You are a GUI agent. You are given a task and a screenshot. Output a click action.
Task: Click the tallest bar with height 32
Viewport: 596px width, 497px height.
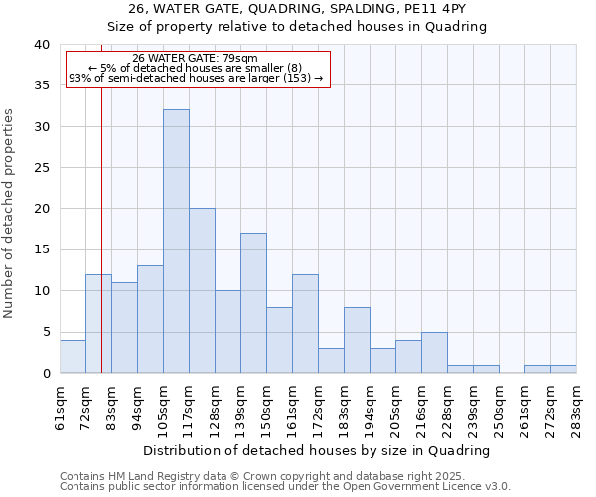tap(176, 242)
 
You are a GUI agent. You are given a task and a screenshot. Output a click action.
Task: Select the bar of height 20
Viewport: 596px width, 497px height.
tap(202, 290)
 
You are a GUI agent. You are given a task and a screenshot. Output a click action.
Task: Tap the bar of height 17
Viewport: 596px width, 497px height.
tap(253, 303)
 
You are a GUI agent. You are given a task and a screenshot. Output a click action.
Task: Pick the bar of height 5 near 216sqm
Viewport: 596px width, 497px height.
tap(434, 353)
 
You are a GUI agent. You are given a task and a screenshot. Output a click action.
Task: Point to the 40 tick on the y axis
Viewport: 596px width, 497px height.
tap(41, 45)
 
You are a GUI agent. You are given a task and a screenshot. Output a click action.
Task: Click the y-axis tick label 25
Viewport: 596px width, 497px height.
tap(41, 168)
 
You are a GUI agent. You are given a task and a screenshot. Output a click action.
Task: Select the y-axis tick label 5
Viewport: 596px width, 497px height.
tap(45, 332)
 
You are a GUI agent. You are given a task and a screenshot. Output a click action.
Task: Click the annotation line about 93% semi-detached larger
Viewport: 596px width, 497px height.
tap(196, 78)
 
